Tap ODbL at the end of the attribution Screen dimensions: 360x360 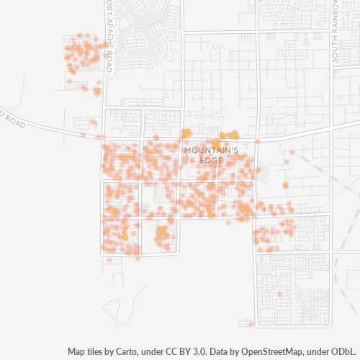click(343, 352)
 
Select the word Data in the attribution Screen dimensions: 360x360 click(212, 352)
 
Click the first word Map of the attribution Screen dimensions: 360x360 click(78, 352)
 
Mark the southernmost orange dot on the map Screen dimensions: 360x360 click(250, 324)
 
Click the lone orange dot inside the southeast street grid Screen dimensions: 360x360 click(279, 294)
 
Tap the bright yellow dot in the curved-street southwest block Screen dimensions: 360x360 click(124, 237)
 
